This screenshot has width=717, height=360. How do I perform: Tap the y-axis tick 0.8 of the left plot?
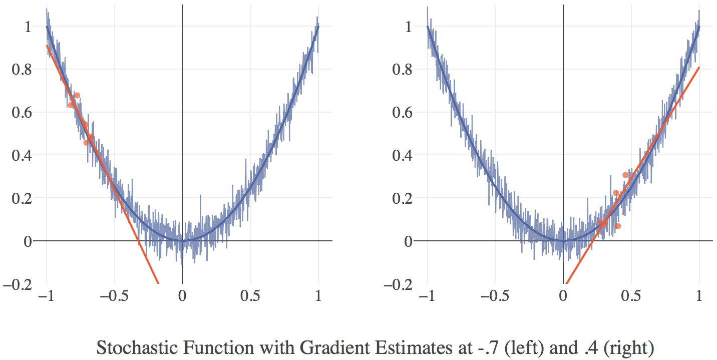click(x=22, y=69)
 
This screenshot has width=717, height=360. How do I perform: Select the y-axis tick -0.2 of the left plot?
click(x=18, y=284)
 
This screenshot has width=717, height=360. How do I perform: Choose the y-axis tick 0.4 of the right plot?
click(x=402, y=155)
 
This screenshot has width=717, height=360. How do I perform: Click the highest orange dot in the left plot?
click(x=77, y=95)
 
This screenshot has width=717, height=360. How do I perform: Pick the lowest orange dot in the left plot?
click(x=86, y=143)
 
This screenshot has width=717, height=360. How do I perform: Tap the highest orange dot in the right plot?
click(x=625, y=175)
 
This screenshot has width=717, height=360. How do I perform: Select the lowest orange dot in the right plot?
click(x=618, y=226)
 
